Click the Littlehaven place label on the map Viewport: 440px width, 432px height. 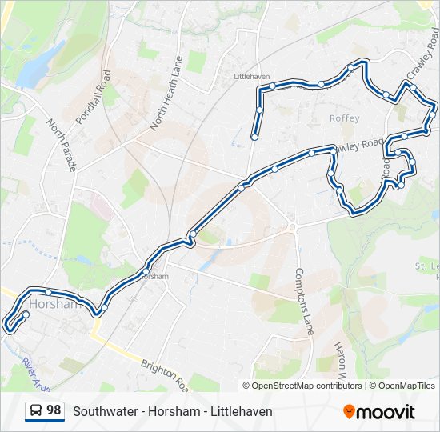[x=250, y=76]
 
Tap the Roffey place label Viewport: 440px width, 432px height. [x=346, y=118]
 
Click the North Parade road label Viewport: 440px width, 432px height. [x=62, y=146]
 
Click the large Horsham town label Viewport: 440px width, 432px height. [x=54, y=304]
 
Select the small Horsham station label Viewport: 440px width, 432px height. [x=156, y=276]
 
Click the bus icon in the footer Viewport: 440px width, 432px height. [x=36, y=411]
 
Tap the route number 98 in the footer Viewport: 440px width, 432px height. [x=54, y=410]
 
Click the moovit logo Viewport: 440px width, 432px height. [x=379, y=411]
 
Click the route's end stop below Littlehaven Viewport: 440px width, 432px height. [x=254, y=137]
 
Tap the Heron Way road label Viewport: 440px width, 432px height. [x=339, y=361]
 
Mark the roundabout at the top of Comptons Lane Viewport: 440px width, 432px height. [x=293, y=227]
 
